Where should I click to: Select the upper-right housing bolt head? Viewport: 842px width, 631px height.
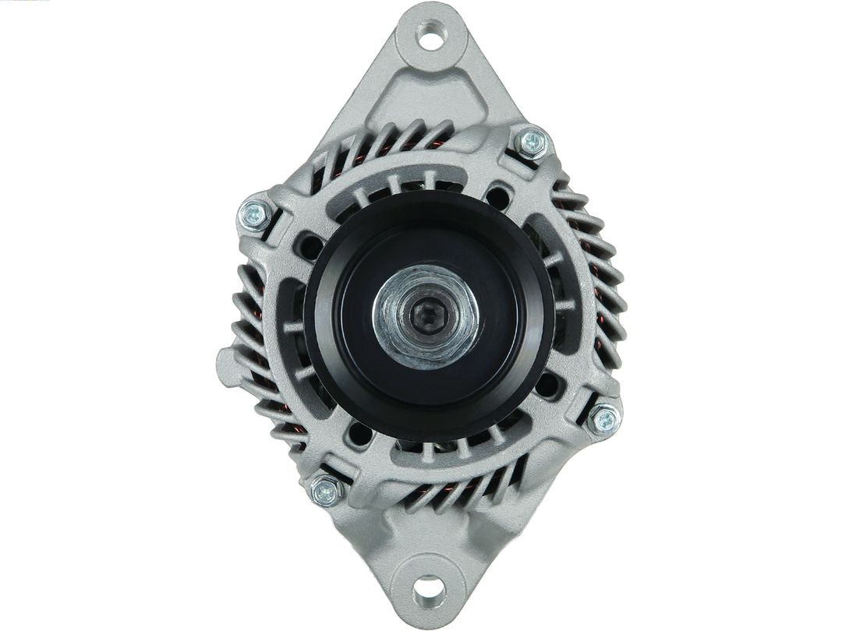[532, 142]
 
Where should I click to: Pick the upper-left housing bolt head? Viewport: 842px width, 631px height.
[253, 214]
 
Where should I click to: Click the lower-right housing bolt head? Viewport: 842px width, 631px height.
[603, 421]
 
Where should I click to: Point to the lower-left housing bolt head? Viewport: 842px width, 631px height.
[326, 491]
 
